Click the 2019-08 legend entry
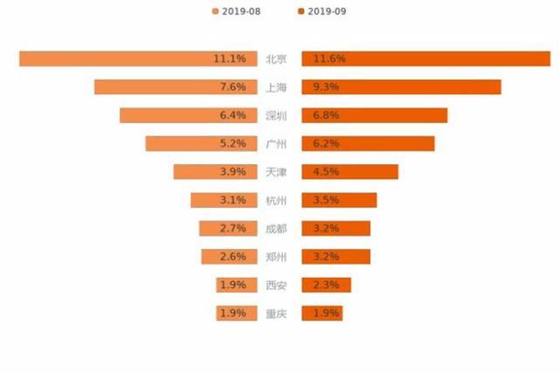coord(236,11)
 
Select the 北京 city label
coord(276,59)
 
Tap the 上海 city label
coord(276,87)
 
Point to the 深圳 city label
coord(276,115)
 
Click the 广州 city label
coord(276,143)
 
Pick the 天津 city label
coord(276,172)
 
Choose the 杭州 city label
coord(276,200)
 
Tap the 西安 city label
coord(276,285)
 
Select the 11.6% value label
coord(328,59)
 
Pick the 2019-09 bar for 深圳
coord(374,115)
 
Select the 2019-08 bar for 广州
coord(203,143)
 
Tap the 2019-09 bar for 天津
coord(349,172)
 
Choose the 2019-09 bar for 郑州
coord(335,257)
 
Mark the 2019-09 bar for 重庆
coord(321,313)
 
